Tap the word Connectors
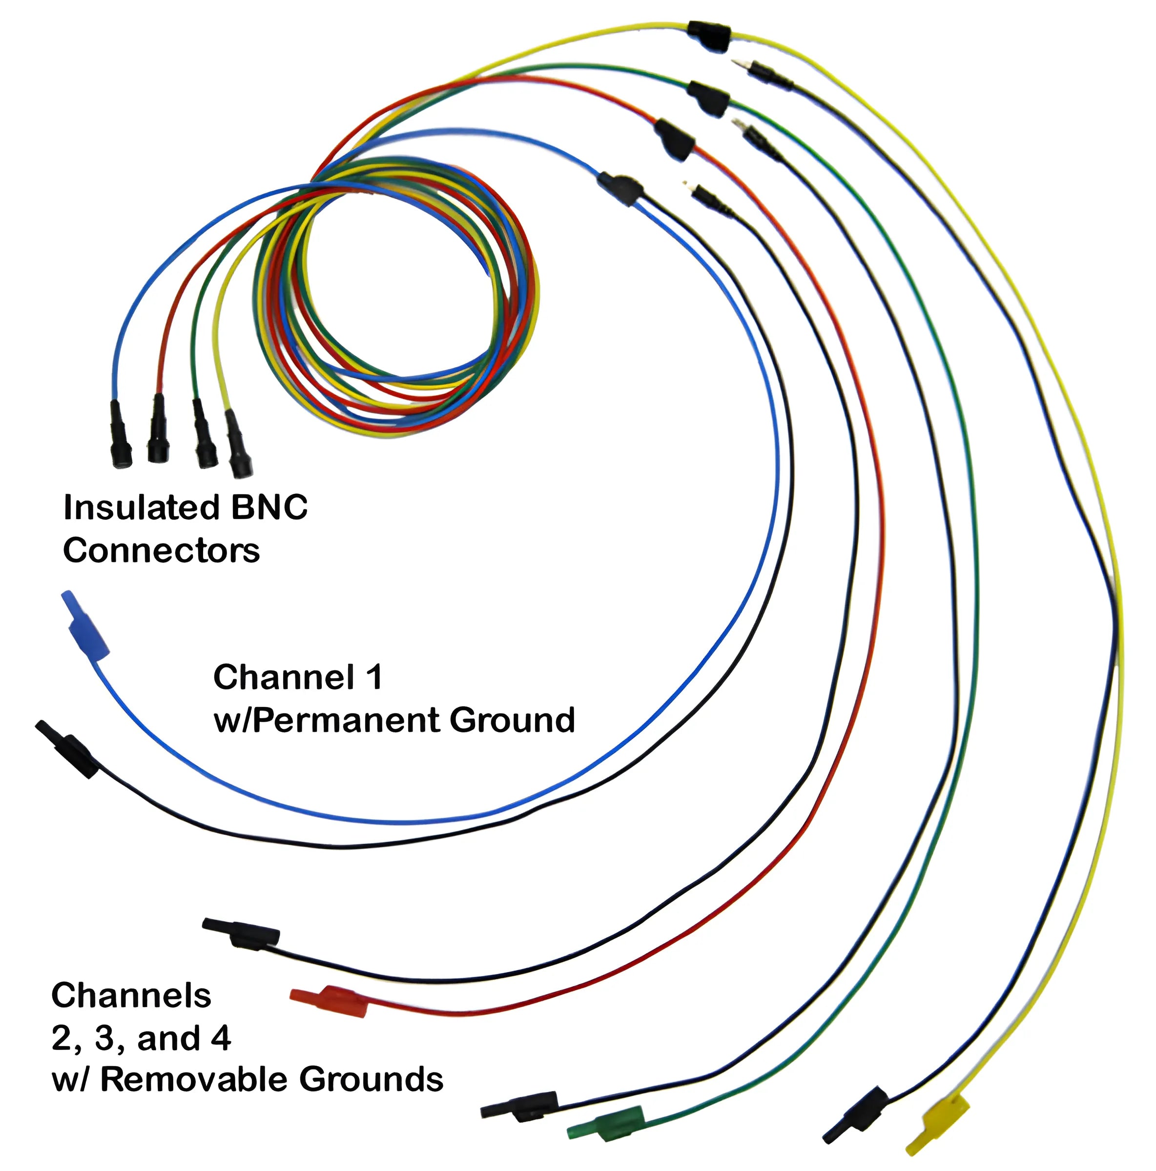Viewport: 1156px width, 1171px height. pos(161,551)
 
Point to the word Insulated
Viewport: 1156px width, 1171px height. pos(141,508)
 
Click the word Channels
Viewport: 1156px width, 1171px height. pos(131,995)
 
